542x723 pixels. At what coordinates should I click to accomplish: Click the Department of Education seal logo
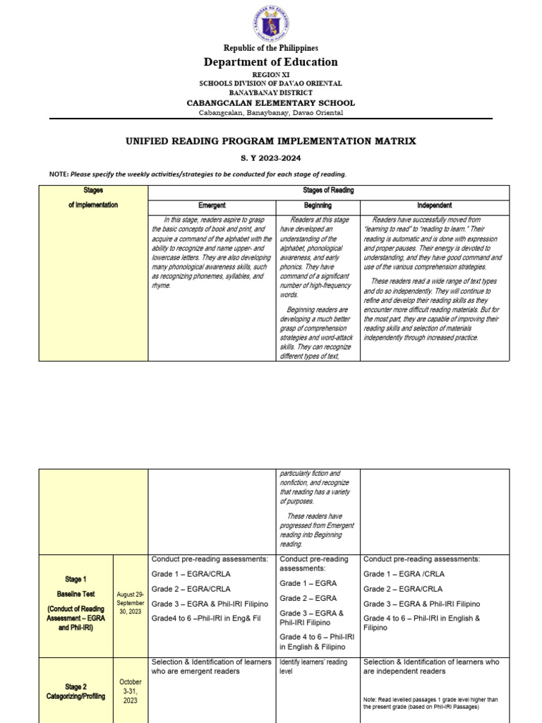click(x=270, y=24)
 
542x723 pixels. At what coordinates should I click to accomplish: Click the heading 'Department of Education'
click(x=270, y=62)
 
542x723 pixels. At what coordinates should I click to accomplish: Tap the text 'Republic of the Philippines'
click(x=270, y=48)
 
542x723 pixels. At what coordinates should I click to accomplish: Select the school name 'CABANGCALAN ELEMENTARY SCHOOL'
click(x=270, y=103)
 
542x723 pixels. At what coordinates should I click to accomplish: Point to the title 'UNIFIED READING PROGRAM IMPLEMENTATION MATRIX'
click(x=270, y=141)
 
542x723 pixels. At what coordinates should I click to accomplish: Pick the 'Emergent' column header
click(x=212, y=205)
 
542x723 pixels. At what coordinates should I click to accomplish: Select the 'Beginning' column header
click(x=318, y=205)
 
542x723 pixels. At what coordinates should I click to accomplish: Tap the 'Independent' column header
click(x=434, y=205)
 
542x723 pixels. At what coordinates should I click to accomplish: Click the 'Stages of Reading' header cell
click(x=328, y=191)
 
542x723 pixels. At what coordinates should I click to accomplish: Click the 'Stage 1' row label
click(x=75, y=579)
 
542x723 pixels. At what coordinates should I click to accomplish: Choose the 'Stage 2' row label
click(x=75, y=686)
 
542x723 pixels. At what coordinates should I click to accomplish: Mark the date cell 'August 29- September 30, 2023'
click(x=131, y=603)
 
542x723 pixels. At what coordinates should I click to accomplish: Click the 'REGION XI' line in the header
click(x=270, y=74)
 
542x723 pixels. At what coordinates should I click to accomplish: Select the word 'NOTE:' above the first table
click(x=59, y=174)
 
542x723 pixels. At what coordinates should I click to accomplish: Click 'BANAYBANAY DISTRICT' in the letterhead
click(x=270, y=92)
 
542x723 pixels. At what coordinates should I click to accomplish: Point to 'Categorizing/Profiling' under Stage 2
click(x=75, y=696)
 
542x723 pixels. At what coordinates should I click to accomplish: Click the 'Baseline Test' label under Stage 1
click(x=75, y=594)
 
